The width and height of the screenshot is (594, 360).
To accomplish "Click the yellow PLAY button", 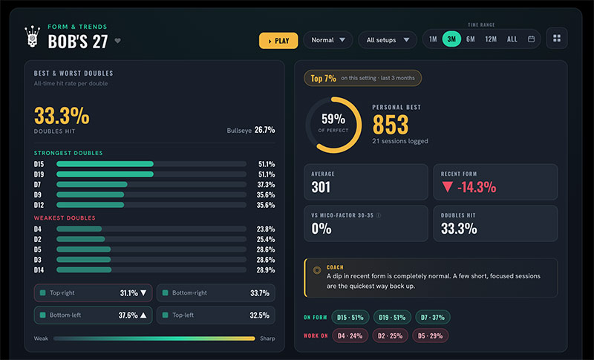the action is tap(278, 41).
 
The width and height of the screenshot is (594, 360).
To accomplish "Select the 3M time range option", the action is tap(451, 39).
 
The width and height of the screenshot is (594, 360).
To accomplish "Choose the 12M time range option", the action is tap(491, 39).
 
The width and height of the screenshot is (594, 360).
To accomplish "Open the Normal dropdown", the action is tap(328, 40).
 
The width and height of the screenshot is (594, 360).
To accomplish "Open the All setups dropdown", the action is tap(388, 40).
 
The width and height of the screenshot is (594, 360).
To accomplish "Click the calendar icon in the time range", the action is tap(532, 39).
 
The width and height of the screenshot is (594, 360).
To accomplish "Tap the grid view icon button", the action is tap(556, 39).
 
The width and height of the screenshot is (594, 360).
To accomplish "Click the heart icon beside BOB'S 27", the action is tap(118, 41).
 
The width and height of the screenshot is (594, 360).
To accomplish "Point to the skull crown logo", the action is tap(33, 36).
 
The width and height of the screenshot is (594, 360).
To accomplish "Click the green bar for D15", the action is tap(105, 164).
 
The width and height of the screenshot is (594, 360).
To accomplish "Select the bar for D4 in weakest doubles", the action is tap(79, 229).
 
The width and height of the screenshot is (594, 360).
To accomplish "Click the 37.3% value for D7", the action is tap(266, 185).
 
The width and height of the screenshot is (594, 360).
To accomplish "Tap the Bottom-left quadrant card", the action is tap(94, 315).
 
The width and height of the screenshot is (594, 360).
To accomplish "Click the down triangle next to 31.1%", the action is tap(143, 293).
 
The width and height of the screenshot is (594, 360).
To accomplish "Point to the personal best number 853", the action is tap(391, 125).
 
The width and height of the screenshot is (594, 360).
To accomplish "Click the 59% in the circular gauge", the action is tap(333, 120).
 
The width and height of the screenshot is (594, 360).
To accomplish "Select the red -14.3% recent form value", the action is tap(477, 187).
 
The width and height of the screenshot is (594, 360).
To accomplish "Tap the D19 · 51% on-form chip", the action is tap(392, 318).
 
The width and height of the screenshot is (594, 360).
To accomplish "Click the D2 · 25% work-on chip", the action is tap(391, 336).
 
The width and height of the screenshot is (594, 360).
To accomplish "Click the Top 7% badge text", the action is tap(323, 79).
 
